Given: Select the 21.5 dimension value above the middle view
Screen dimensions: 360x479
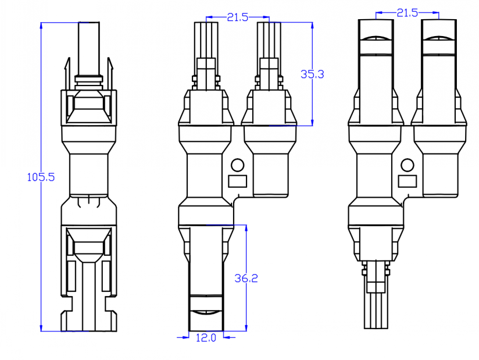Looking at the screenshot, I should [238, 17].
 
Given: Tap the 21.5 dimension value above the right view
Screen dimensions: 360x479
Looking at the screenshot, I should [407, 12].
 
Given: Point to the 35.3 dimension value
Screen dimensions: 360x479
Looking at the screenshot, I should [312, 74].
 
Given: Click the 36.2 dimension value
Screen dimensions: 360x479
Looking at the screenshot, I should [246, 279].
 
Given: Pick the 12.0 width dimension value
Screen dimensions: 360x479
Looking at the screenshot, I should [206, 337].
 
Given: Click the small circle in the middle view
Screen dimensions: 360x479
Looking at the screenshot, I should [237, 165].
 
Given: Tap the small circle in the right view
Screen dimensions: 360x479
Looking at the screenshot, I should [407, 165].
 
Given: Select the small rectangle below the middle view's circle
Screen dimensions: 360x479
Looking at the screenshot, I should [237, 181].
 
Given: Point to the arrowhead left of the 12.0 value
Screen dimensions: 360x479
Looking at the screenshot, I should [183, 336].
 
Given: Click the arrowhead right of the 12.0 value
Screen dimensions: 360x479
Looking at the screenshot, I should [228, 336].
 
